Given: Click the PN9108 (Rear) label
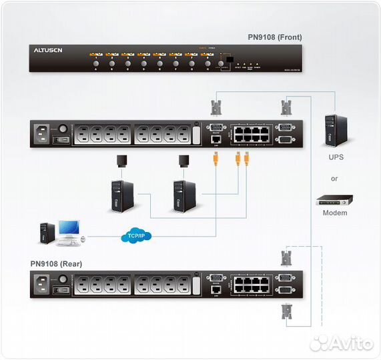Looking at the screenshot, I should (x=57, y=263).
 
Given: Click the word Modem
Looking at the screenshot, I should (x=336, y=213).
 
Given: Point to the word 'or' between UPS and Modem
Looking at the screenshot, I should (x=335, y=178).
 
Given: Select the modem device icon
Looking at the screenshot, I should (x=335, y=199).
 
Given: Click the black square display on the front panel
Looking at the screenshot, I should (x=230, y=57).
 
